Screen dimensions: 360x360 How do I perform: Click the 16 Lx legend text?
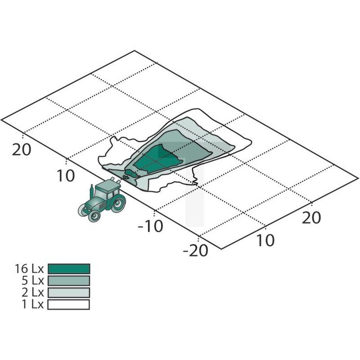coord(29,269)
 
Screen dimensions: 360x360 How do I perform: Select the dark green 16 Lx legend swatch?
coord(69,269)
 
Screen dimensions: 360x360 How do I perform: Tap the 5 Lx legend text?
coord(32,281)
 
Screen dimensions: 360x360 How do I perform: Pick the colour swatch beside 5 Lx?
coord(69,281)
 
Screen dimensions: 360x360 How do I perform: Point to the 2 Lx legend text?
coord(32,292)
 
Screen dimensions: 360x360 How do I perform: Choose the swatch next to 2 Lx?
coord(69,292)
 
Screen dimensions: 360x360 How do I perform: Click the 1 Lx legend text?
coord(32,305)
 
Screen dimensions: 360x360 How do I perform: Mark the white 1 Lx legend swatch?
coord(69,305)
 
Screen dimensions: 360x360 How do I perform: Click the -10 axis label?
coord(151,226)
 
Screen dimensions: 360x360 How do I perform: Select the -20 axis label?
coord(196,250)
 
